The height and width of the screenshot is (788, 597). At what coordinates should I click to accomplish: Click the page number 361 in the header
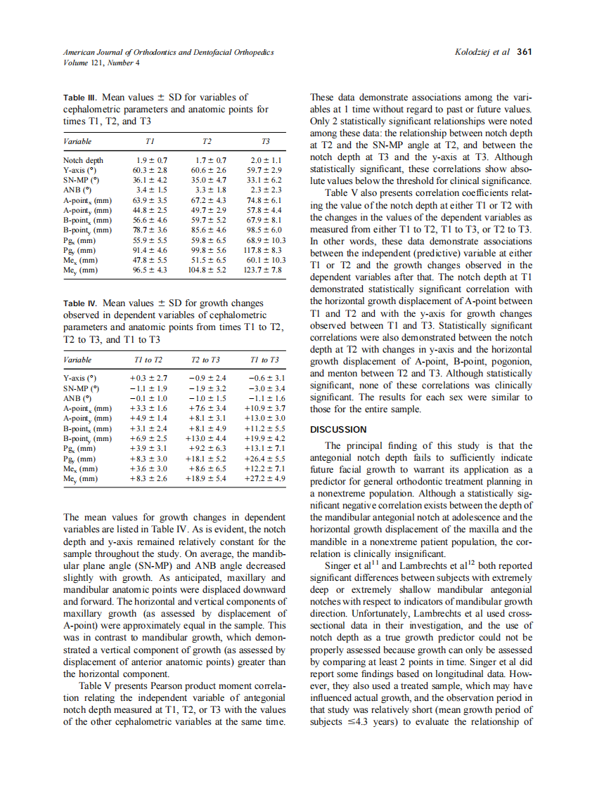(x=525, y=52)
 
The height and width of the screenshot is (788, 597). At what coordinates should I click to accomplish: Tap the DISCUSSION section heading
(x=338, y=429)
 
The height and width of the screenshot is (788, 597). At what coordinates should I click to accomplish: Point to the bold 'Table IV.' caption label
(x=82, y=303)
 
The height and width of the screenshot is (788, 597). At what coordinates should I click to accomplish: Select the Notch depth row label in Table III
(x=83, y=160)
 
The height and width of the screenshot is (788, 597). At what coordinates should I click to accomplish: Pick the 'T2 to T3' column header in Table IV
(x=205, y=360)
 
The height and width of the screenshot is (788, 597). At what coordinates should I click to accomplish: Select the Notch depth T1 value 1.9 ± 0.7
(x=151, y=160)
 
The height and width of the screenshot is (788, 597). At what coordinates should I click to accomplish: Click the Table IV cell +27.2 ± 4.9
(x=264, y=478)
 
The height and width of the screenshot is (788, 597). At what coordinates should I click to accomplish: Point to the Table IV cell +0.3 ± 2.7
(x=148, y=379)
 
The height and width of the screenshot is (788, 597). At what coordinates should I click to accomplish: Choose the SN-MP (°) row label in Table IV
(x=80, y=388)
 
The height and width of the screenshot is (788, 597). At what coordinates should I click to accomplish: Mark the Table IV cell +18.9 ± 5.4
(x=206, y=478)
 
